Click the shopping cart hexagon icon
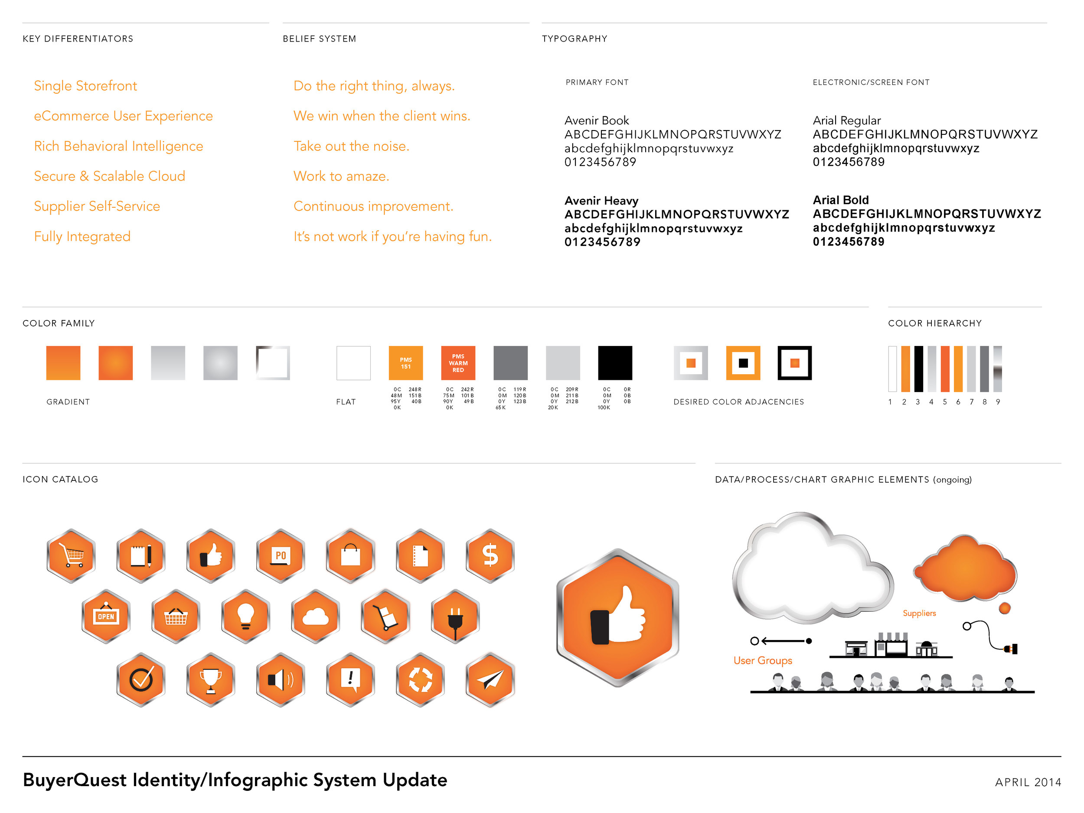71,555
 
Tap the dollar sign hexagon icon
490,555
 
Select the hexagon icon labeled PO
280,555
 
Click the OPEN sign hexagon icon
106,617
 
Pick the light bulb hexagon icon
245,617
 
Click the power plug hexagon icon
455,617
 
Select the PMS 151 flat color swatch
406,363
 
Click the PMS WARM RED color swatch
458,363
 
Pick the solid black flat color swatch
615,363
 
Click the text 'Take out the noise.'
351,146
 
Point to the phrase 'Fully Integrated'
82,236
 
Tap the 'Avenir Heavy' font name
601,200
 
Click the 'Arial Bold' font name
840,200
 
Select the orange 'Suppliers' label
919,613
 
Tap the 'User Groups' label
763,661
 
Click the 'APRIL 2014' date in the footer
1028,782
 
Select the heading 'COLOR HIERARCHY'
934,323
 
